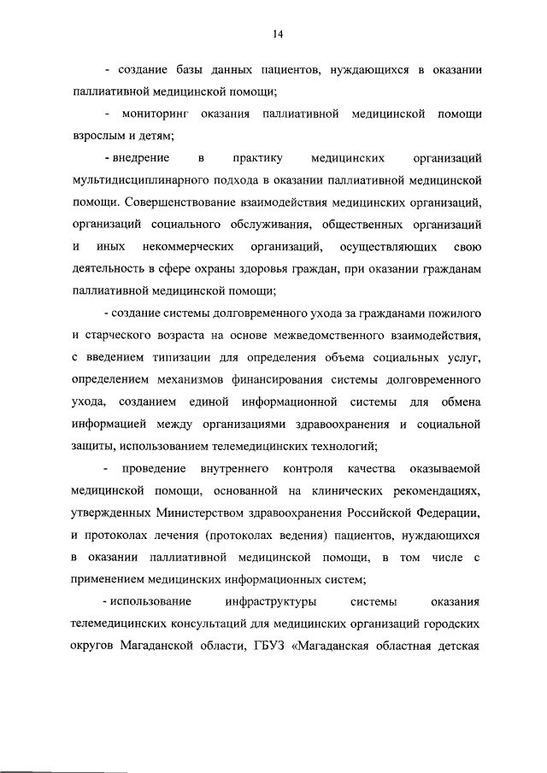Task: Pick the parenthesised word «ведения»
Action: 331,536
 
